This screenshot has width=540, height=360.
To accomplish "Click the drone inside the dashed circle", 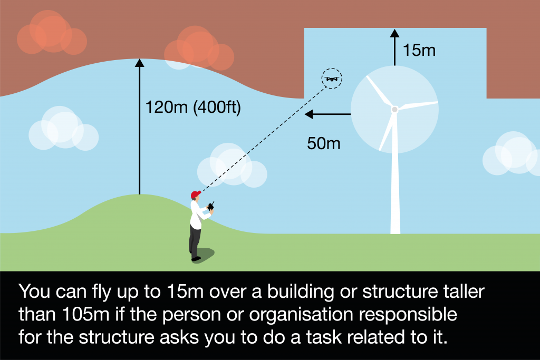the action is tap(332, 79).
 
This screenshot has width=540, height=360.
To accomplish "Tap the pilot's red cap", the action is tap(196, 194).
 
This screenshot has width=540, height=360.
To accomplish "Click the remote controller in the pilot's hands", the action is tap(211, 206).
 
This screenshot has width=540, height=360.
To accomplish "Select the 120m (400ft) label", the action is tap(193, 107).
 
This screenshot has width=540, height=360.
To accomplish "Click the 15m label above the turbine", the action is tap(419, 50).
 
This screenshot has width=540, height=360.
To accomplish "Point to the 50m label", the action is tap(323, 143).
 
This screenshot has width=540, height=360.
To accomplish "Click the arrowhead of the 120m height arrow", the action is tap(139, 63).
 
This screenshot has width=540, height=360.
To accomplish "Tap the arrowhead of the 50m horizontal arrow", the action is tap(309, 114).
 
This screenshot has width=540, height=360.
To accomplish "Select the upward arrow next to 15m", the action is tap(394, 47).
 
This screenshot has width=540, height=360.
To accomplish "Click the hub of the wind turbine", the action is tap(394, 110).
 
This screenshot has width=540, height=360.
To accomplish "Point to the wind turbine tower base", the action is tap(395, 229).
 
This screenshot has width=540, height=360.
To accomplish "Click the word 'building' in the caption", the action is tap(301, 292).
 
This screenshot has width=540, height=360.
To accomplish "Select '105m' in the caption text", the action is tap(86, 314).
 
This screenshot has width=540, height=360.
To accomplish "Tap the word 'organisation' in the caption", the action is tap(301, 315).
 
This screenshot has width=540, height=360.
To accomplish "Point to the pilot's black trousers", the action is tap(195, 240).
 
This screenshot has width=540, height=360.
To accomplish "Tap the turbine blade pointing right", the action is tap(418, 105).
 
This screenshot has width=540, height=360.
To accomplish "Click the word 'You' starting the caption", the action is tap(34, 291).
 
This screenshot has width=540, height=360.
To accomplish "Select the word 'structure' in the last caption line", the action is tap(117, 337).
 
